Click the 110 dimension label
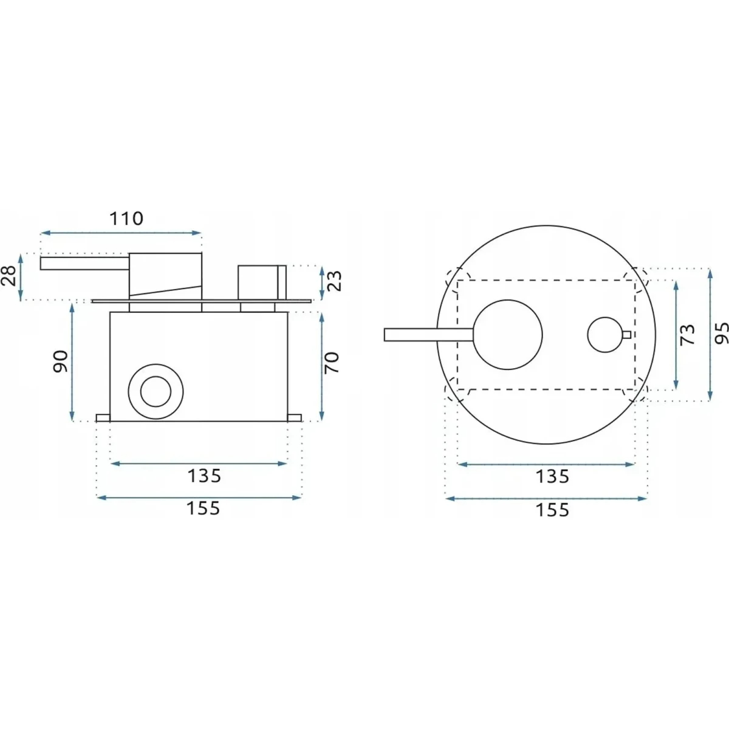click(126, 218)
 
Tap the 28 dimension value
click(10, 276)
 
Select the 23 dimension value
click(334, 280)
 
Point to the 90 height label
click(61, 361)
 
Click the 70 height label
click(333, 363)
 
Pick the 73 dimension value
click(687, 334)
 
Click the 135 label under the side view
click(204, 476)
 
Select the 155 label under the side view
click(203, 508)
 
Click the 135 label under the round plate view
click(552, 476)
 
